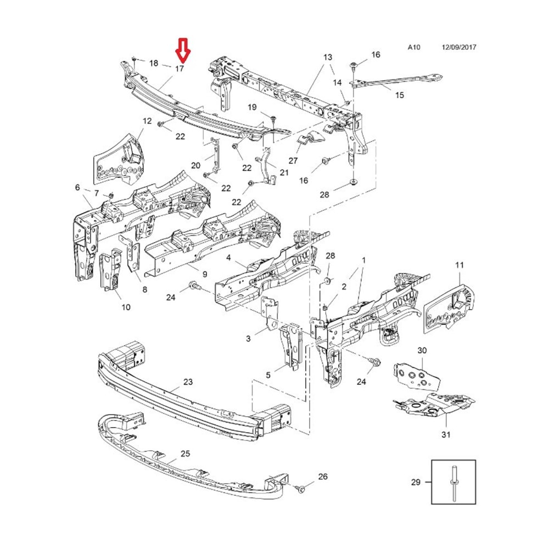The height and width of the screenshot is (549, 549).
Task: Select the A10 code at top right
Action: click(413, 48)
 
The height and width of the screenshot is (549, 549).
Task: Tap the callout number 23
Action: click(188, 382)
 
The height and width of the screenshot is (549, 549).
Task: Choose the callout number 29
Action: click(416, 483)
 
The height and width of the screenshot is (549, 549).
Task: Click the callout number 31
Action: click(446, 435)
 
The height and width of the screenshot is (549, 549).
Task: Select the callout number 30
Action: click(422, 350)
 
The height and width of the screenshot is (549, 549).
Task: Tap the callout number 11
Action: click(459, 265)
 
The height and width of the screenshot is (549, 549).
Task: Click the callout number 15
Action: click(399, 95)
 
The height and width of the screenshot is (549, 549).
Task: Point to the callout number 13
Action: click(328, 57)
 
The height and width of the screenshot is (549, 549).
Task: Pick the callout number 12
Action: click(147, 121)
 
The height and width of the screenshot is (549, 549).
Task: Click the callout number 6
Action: click(77, 188)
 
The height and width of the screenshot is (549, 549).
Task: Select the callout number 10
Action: click(126, 307)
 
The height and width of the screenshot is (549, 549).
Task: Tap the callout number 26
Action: click(323, 477)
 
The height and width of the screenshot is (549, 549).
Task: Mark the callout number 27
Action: click(293, 161)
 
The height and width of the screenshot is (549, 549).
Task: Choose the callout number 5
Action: click(268, 376)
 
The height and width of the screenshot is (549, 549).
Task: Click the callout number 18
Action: click(153, 63)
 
